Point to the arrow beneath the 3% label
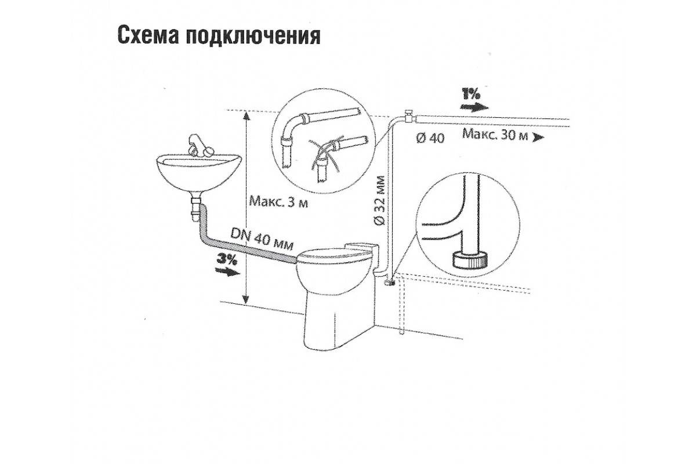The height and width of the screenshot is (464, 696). pos(226,271)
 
